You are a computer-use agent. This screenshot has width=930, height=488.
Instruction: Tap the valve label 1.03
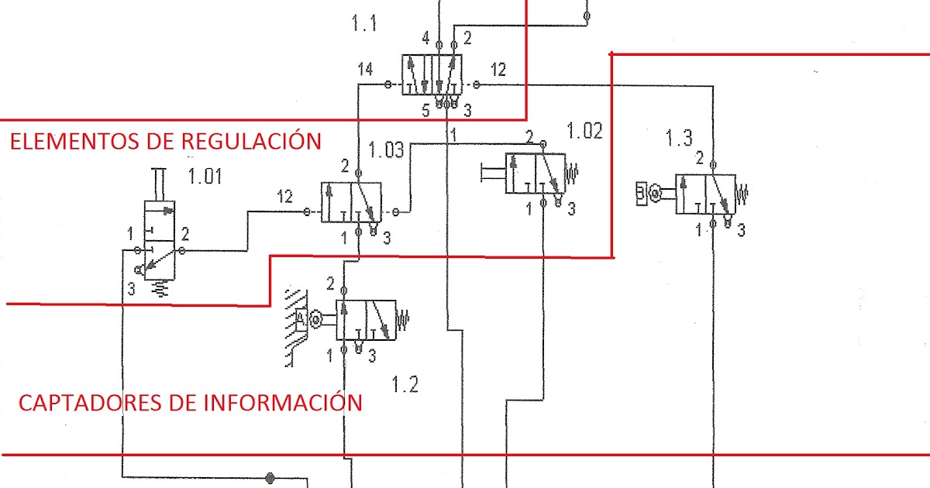tap(386, 149)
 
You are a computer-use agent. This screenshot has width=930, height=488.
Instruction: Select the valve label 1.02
tap(584, 130)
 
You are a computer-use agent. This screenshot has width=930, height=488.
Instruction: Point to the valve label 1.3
tap(679, 139)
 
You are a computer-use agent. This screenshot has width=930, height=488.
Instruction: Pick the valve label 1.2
tap(405, 383)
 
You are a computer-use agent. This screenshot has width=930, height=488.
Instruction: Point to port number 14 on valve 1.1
tap(365, 70)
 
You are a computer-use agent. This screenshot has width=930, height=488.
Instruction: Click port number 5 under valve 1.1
tap(425, 111)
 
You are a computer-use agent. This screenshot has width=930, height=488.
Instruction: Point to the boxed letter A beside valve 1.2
tap(301, 317)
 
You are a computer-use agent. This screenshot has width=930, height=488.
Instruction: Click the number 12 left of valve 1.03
tap(285, 197)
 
